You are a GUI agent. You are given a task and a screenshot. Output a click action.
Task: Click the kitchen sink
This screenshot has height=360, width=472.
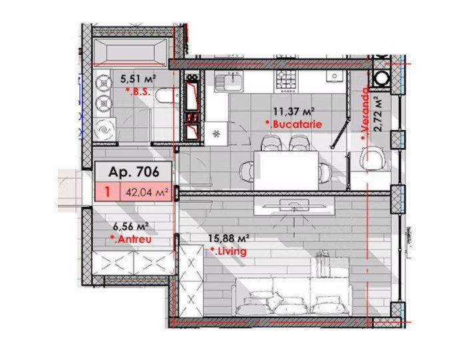(x=228, y=81)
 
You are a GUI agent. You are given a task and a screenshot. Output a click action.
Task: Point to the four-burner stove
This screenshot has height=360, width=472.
(x=287, y=81)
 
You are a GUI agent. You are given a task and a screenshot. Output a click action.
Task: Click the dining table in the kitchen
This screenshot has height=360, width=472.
(x=286, y=171)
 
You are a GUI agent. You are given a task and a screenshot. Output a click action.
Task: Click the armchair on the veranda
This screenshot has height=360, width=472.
(x=373, y=158)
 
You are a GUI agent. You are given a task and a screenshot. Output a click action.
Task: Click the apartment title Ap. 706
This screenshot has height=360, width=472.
(x=133, y=172)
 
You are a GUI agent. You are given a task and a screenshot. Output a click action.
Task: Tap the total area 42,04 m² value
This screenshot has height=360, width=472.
(x=146, y=192)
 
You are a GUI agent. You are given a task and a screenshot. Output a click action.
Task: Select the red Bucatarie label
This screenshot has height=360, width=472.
(x=293, y=124)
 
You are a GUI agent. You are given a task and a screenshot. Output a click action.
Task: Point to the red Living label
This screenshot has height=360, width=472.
(x=228, y=251)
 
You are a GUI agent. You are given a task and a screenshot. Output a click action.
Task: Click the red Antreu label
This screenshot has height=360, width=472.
(x=131, y=239)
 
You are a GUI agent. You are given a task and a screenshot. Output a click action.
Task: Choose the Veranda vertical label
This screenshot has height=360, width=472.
(x=365, y=114)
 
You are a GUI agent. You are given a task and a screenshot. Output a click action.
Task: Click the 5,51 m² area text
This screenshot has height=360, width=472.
(x=138, y=79)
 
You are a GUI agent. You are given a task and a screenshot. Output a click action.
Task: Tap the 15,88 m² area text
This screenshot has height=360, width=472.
(x=229, y=239)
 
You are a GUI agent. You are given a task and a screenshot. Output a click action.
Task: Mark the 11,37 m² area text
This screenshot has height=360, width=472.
(x=294, y=111)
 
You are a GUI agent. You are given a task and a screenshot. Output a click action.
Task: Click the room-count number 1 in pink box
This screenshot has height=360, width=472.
(x=107, y=192)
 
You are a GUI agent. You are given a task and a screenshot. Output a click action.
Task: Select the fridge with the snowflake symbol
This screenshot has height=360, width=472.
(x=216, y=133)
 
